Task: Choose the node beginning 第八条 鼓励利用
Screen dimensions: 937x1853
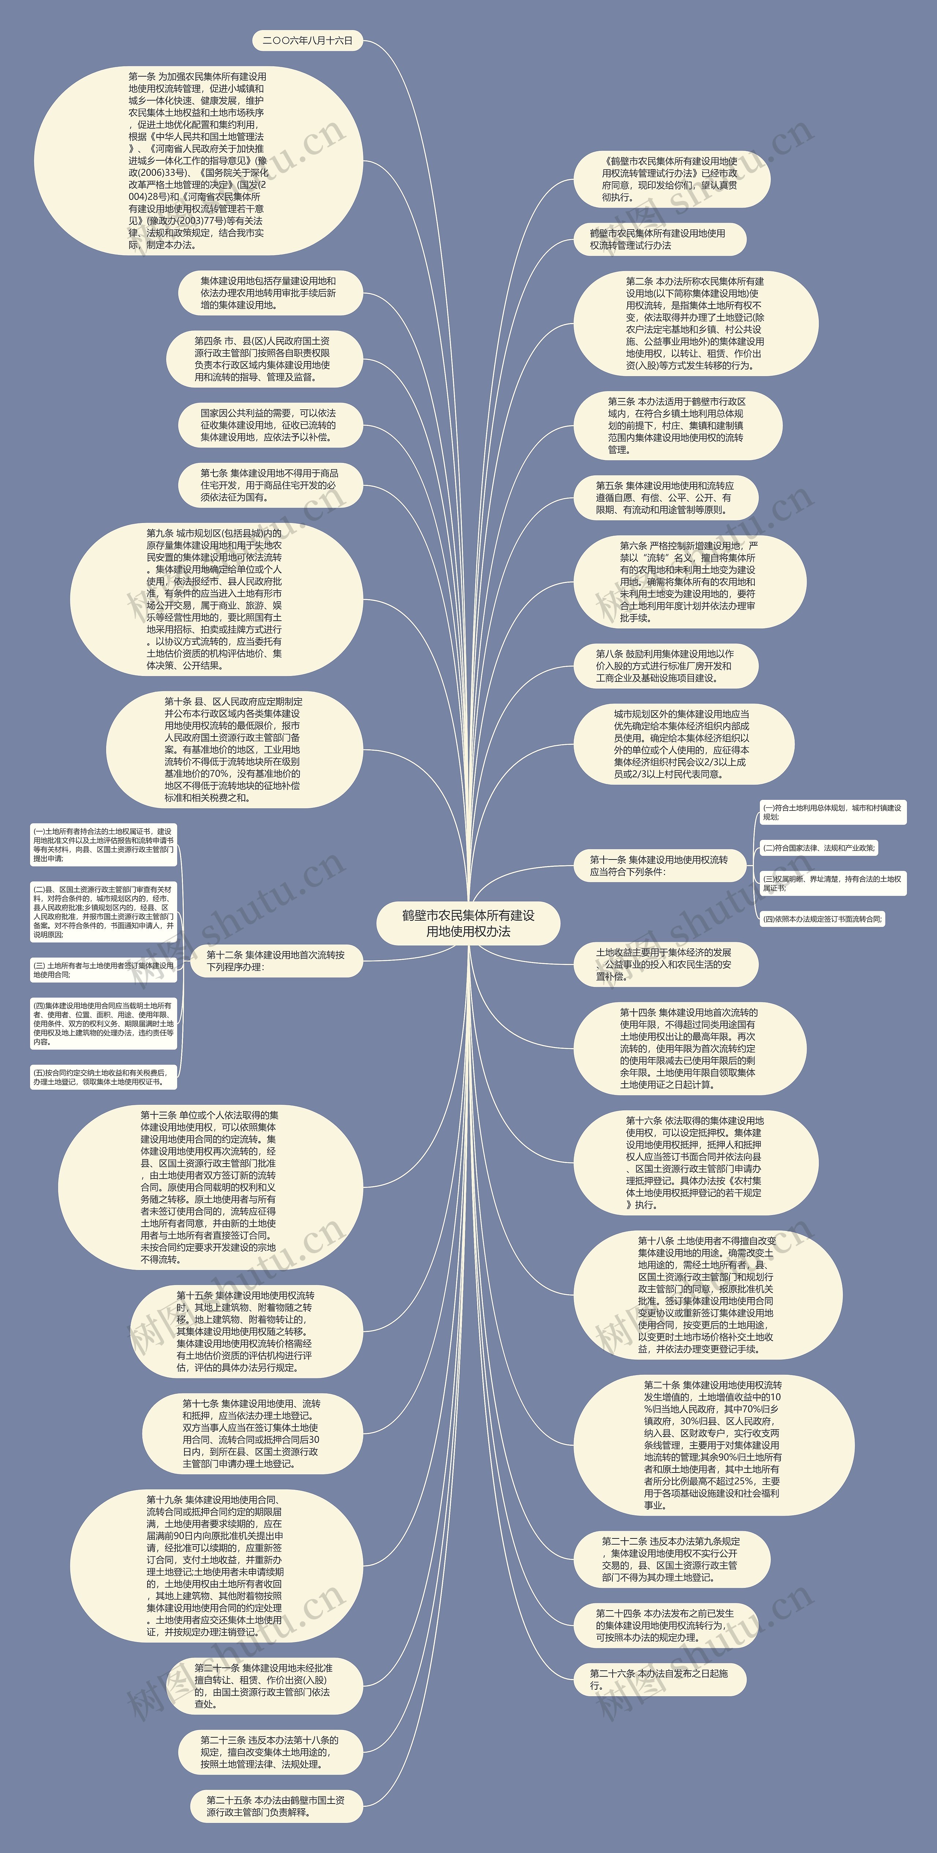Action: pos(664,665)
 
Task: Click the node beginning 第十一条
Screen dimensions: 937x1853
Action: pos(659,865)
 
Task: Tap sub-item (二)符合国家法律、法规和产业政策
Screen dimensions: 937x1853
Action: pos(819,848)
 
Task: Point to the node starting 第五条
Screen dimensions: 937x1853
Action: pos(664,497)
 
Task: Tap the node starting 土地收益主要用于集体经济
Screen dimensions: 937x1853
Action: pos(664,964)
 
